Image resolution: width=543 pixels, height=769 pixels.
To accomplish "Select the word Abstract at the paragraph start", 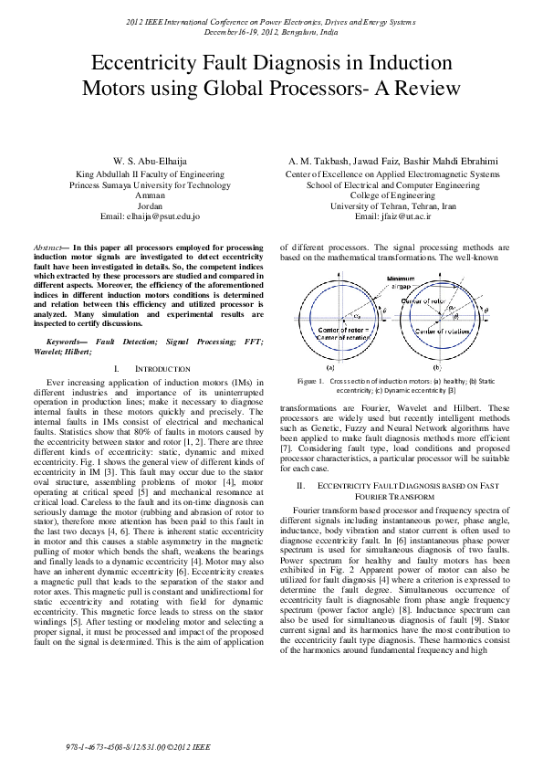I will point(48,248).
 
